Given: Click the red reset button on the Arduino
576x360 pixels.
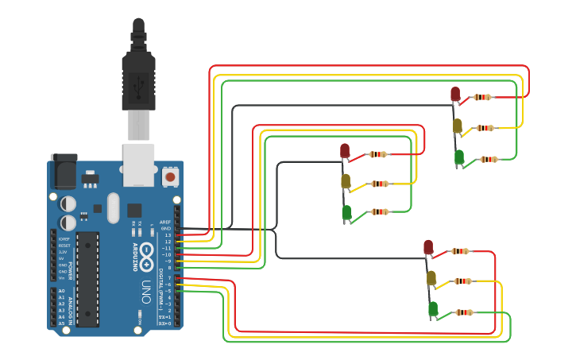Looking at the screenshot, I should (170, 176).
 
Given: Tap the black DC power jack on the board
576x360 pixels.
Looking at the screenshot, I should (64, 172).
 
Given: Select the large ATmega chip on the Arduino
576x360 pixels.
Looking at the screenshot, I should (87, 278).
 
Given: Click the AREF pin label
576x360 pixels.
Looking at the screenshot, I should (165, 222).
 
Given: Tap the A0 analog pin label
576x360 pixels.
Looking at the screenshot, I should (61, 291).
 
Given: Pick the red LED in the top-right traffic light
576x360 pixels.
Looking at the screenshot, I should (455, 95).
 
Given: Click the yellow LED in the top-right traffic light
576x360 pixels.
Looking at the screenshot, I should (458, 126).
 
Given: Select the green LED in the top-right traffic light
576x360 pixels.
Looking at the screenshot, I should (459, 157).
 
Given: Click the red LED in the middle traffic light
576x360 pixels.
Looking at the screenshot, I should (345, 150).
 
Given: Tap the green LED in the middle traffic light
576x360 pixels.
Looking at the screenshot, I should (346, 212).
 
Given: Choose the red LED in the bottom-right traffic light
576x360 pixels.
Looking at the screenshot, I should (428, 247).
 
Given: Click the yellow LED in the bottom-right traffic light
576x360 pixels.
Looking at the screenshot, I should (431, 277).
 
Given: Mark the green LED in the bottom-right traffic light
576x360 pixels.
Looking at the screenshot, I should (433, 308).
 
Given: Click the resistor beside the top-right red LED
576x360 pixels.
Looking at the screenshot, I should (482, 97).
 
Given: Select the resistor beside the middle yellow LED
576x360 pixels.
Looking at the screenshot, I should (380, 184).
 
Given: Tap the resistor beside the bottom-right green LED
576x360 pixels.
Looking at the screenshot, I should (464, 312).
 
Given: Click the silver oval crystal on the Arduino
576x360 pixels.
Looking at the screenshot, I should (113, 207).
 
